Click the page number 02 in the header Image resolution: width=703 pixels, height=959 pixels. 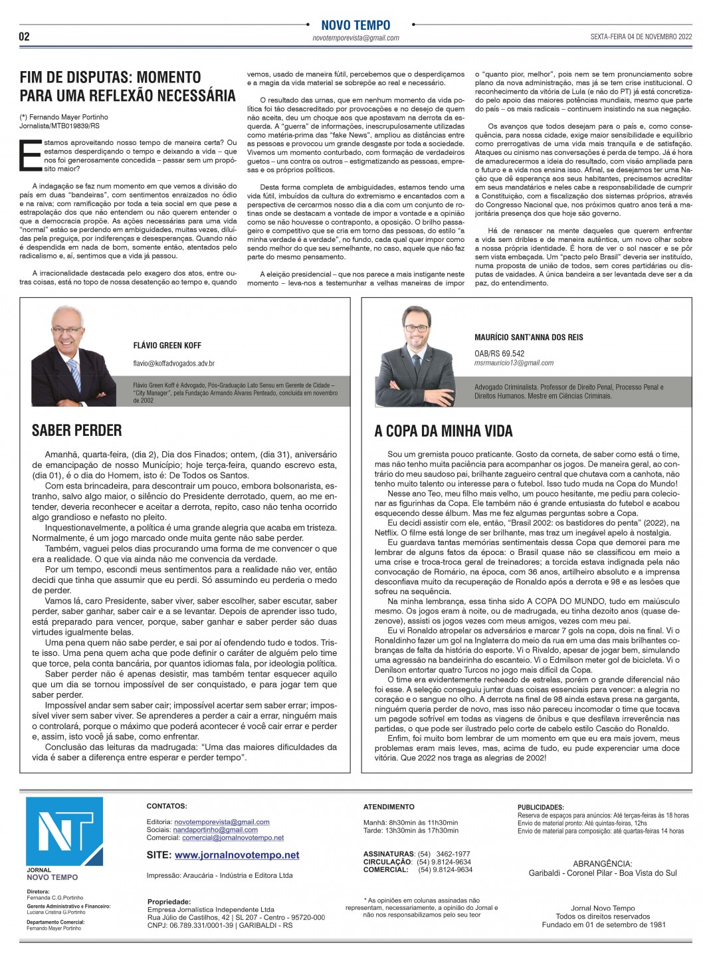24,37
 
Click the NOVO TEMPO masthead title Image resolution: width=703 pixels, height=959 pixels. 355,25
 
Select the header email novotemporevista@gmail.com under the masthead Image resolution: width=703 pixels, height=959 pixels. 355,38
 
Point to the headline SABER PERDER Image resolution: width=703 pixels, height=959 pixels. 76,430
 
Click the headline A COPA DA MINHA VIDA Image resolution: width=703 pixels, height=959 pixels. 443,431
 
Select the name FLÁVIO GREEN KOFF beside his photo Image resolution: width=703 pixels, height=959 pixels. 167,346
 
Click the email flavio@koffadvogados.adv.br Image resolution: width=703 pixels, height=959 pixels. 173,364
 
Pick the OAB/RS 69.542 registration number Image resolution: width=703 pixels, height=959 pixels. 499,354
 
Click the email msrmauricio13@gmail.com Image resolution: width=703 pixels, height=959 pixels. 514,363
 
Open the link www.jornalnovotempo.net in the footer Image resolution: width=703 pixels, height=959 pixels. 237,855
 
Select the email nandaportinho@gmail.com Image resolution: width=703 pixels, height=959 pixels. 215,829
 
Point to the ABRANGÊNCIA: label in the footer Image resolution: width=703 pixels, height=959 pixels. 602,864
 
